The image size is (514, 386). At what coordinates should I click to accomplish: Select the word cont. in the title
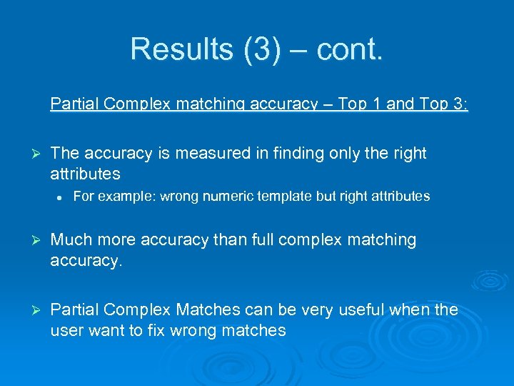[x=350, y=49]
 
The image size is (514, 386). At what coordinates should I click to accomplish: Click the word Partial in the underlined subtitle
[x=75, y=104]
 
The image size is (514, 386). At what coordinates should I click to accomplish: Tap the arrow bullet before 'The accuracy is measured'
[x=33, y=154]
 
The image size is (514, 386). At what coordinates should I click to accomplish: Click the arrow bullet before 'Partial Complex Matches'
[x=33, y=311]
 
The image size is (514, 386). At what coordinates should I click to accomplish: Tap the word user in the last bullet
[x=66, y=330]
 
